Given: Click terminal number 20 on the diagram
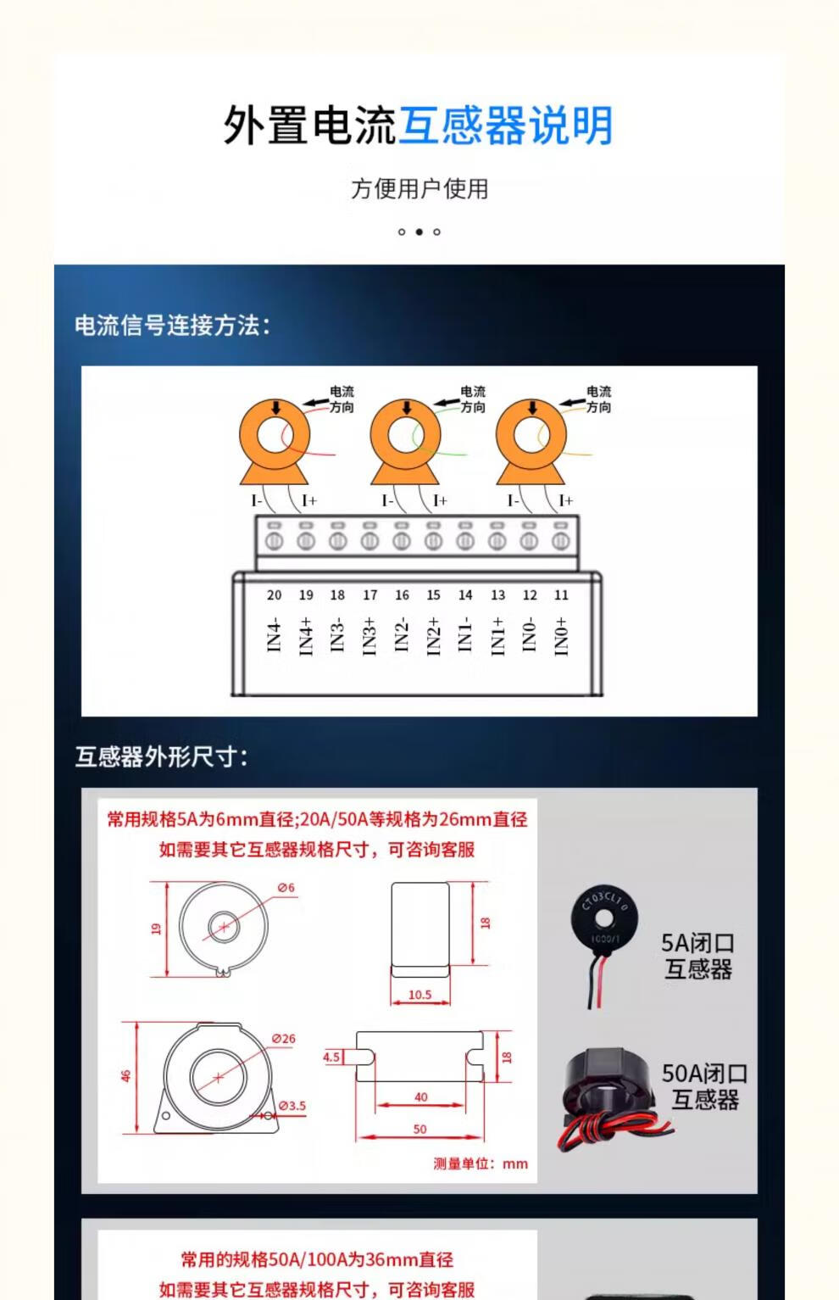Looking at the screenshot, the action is [x=275, y=594].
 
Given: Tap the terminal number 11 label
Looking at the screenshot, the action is [x=561, y=594].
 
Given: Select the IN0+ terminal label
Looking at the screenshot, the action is [x=561, y=637].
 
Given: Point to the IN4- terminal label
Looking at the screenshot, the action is [x=275, y=635].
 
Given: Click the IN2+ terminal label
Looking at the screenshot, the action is [x=433, y=637].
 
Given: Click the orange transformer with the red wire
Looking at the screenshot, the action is [x=275, y=441].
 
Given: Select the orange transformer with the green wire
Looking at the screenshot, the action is [x=405, y=441].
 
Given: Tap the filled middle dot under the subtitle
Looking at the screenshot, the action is [x=419, y=232].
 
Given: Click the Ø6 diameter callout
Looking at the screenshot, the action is [x=286, y=887].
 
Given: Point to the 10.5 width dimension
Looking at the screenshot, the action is [x=419, y=995].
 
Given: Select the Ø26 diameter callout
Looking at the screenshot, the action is [x=284, y=1039].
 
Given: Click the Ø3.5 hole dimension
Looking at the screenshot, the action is [x=292, y=1106].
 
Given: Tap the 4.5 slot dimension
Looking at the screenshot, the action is [x=331, y=1057].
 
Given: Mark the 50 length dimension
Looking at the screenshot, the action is [x=419, y=1129].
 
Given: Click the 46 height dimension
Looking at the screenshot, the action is [x=125, y=1076].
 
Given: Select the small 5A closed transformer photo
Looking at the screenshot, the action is [x=604, y=944].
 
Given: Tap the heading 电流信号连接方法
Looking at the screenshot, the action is [x=172, y=326].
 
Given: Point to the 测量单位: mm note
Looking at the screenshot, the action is [x=481, y=1163].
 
